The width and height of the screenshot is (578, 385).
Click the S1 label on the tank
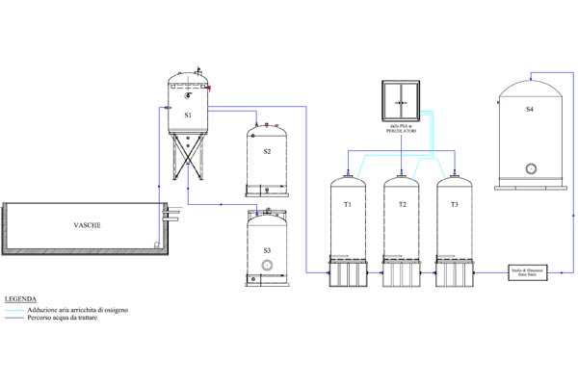[188, 115]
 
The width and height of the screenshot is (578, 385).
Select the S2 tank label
[267, 151]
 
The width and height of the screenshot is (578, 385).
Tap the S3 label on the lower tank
[267, 249]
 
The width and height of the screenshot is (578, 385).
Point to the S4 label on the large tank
[530, 110]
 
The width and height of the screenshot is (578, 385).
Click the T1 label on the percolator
[347, 206]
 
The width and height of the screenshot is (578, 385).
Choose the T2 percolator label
[402, 206]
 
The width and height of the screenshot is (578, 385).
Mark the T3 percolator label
[455, 206]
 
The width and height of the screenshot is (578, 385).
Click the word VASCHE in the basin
[88, 225]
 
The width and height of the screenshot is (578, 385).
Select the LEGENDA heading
[20, 299]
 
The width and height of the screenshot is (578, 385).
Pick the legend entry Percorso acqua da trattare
[90, 319]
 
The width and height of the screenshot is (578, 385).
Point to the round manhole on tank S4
[530, 167]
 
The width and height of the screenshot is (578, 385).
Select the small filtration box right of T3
[527, 273]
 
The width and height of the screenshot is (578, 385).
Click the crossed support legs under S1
[188, 157]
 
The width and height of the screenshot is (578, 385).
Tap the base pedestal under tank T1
[347, 273]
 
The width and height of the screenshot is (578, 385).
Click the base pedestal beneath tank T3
[455, 273]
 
